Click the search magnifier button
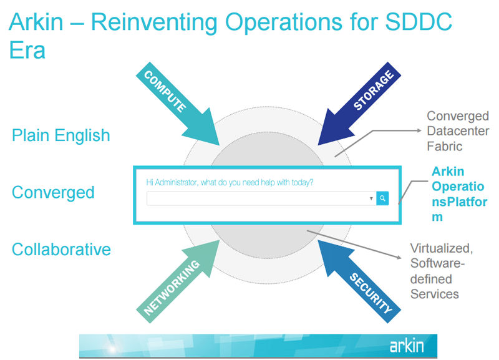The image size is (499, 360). click(382, 198)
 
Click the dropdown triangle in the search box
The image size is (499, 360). click(371, 198)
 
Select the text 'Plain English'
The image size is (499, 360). click(61, 135)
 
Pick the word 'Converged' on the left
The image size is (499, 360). click(53, 192)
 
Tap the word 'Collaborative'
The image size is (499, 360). click(61, 250)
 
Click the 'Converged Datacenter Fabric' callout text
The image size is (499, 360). click(457, 131)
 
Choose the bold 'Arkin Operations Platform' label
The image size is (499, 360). click(459, 194)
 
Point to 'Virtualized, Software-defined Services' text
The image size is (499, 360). click(442, 271)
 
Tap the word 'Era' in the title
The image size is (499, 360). click(27, 50)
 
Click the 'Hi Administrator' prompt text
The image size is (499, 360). click(230, 183)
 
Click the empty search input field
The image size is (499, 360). click(256, 198)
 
